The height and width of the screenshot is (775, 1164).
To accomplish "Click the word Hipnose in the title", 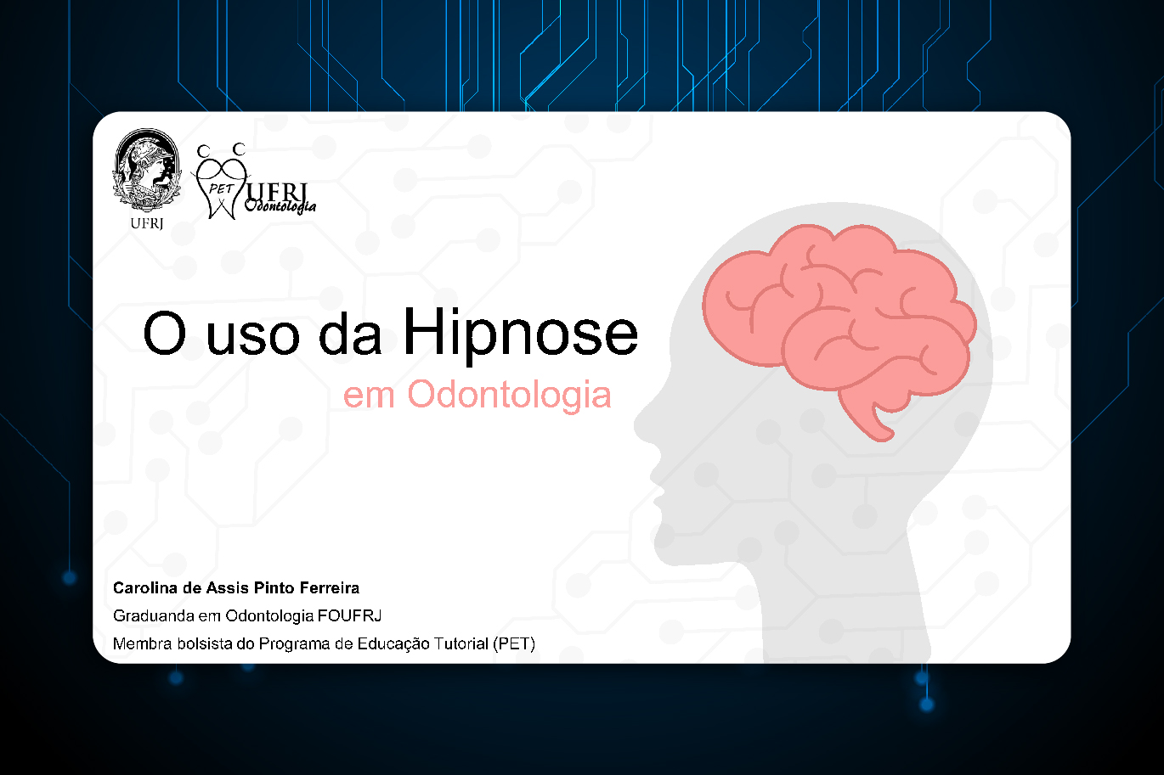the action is point(520,334).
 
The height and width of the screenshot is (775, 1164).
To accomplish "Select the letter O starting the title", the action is point(164,333).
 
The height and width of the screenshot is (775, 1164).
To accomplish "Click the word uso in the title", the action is point(253,338).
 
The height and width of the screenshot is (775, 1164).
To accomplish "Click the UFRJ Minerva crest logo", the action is point(146,171).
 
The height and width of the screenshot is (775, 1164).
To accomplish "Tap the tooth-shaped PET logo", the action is point(222,182).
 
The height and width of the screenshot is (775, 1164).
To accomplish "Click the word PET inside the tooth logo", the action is point(220,189).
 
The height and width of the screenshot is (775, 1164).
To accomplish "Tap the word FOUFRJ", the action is point(349,616).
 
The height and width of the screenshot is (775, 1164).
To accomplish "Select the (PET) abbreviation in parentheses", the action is point(514,644).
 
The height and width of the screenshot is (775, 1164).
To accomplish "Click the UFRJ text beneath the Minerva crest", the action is point(146,224).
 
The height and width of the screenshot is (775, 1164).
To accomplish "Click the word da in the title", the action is point(350,334).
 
